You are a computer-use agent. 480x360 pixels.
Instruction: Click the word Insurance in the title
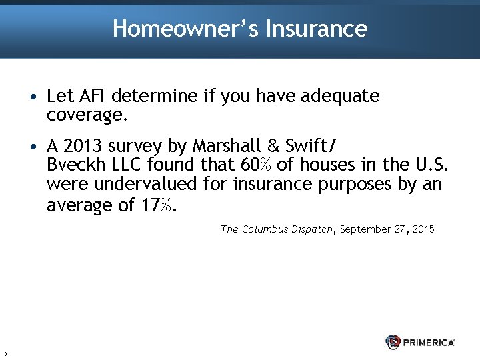click(x=316, y=29)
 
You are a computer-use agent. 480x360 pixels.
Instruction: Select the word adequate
click(x=340, y=97)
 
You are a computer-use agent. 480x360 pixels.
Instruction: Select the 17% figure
click(x=159, y=205)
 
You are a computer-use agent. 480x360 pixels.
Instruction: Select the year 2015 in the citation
click(x=423, y=229)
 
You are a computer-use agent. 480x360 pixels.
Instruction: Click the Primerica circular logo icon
click(x=393, y=342)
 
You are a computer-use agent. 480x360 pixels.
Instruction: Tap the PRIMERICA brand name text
click(x=429, y=342)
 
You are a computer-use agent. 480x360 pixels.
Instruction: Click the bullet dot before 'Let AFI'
click(x=33, y=97)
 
